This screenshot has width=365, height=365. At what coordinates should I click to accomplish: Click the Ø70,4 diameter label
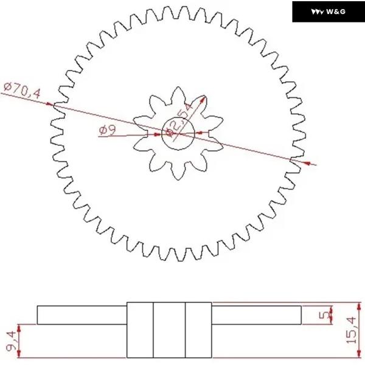[x=22, y=90]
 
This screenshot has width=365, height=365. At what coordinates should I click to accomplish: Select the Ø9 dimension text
[x=107, y=130]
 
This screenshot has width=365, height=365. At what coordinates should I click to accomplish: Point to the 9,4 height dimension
[x=11, y=341]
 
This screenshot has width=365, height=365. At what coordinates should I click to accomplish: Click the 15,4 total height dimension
[x=351, y=330]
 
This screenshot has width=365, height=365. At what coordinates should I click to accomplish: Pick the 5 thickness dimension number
[x=324, y=315]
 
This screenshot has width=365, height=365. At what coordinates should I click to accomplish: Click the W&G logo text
[x=336, y=12]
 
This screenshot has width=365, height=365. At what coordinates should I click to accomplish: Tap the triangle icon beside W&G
[x=317, y=12]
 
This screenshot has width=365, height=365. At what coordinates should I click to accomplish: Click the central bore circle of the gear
[x=178, y=117]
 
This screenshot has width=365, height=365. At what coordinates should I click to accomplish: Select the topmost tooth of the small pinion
[x=178, y=93]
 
